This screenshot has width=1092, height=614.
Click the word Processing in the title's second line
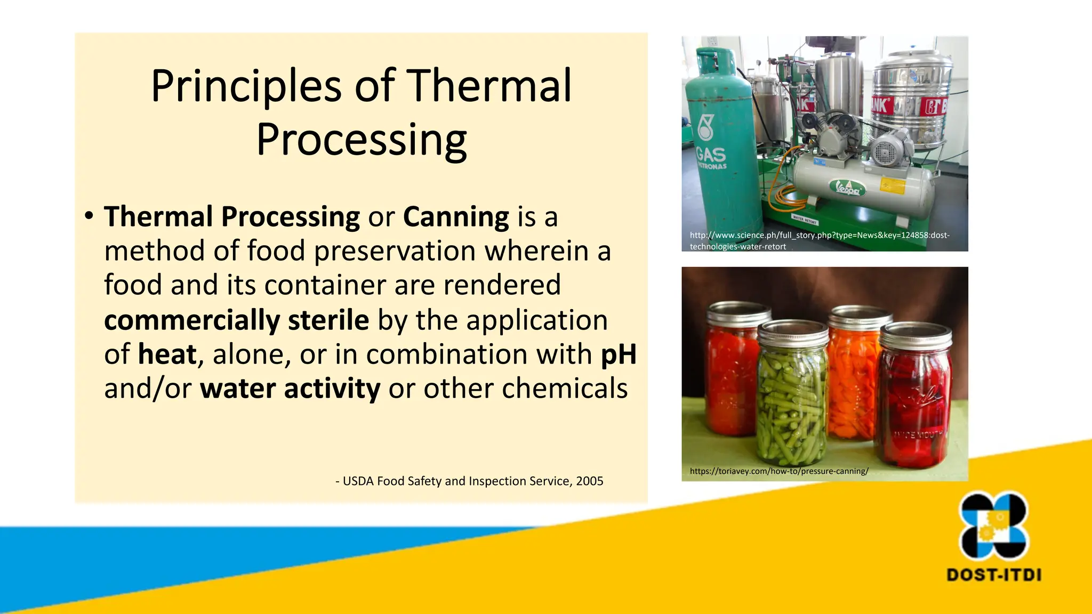pyautogui.click(x=362, y=140)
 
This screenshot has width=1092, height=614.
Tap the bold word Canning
pyautogui.click(x=456, y=217)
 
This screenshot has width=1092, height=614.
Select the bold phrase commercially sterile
pyautogui.click(x=236, y=320)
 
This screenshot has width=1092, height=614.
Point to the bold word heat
pyautogui.click(x=167, y=354)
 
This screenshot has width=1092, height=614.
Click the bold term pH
pyautogui.click(x=619, y=354)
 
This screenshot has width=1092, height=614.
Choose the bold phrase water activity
pyautogui.click(x=290, y=389)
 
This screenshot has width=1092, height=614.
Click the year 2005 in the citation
pyautogui.click(x=589, y=481)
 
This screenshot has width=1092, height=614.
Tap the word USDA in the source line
pyautogui.click(x=358, y=481)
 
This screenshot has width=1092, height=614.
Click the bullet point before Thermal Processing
pyautogui.click(x=89, y=216)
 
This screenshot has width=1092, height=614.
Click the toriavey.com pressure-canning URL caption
pyautogui.click(x=778, y=471)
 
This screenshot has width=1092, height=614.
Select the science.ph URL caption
pyautogui.click(x=819, y=240)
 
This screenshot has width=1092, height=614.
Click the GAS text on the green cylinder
pyautogui.click(x=711, y=155)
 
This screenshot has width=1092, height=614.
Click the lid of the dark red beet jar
pyautogui.click(x=915, y=336)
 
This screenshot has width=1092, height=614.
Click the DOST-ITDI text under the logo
pyautogui.click(x=993, y=575)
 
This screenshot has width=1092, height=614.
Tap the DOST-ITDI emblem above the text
pyautogui.click(x=993, y=526)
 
